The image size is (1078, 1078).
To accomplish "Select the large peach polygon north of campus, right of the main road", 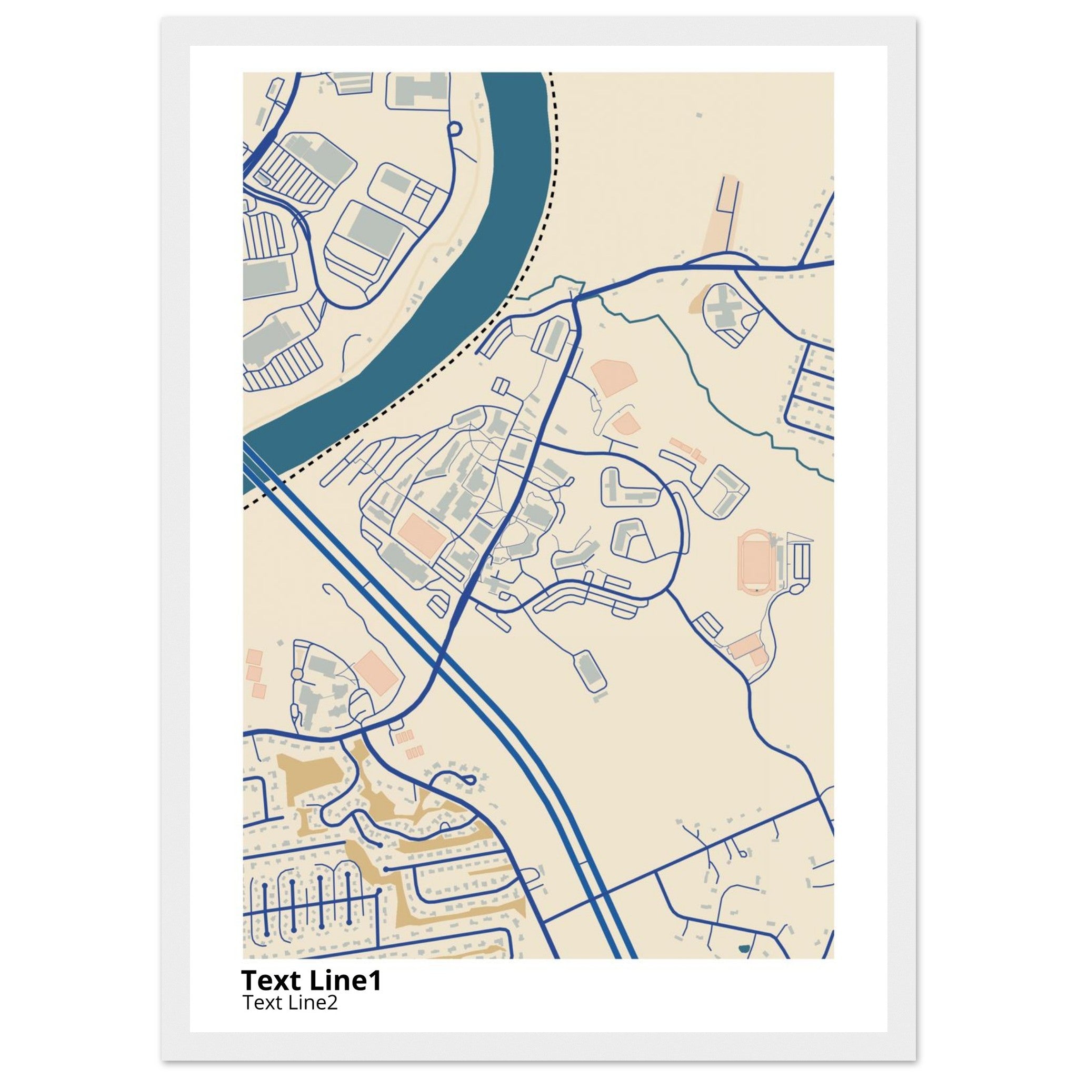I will (614, 378).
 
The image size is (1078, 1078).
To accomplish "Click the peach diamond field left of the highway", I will (377, 672).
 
